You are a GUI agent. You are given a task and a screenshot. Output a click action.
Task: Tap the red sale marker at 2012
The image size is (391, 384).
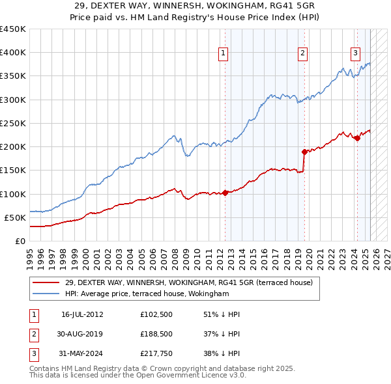225,193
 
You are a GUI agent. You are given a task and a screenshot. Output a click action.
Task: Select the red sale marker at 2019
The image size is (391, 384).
304,152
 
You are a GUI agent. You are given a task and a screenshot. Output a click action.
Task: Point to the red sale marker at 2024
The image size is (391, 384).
357,138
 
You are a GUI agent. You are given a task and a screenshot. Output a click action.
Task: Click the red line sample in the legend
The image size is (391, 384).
46,282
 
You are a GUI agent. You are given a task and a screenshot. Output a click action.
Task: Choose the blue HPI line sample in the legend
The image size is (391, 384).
46,294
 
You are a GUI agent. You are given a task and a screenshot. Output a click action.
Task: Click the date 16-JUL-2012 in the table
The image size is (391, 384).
82,314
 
